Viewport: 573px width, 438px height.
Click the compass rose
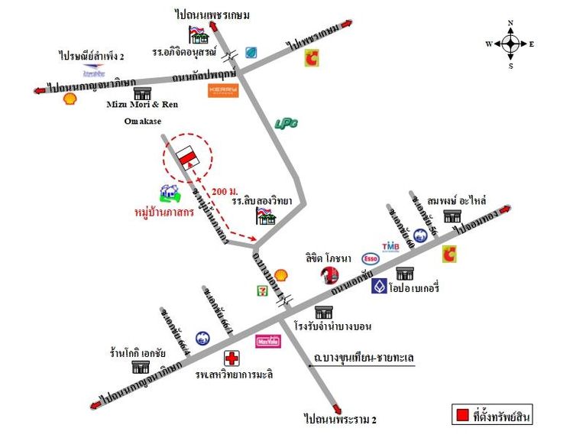[510, 44]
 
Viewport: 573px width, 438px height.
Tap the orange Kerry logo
[223, 90]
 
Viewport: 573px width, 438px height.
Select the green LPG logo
[286, 123]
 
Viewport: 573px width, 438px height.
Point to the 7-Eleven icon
[263, 290]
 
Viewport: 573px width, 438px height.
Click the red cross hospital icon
[231, 358]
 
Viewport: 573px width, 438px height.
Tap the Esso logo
[371, 258]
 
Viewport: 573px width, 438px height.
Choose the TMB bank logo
[391, 246]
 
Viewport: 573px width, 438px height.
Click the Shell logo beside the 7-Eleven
[281, 274]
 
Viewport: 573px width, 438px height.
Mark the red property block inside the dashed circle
[186, 156]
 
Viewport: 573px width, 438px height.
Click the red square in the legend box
[461, 417]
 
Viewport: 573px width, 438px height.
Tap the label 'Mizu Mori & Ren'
[141, 105]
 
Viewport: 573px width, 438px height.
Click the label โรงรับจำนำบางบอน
[333, 326]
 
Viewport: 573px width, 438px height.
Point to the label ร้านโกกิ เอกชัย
[139, 354]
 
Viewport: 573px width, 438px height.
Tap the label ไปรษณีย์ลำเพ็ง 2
[92, 56]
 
